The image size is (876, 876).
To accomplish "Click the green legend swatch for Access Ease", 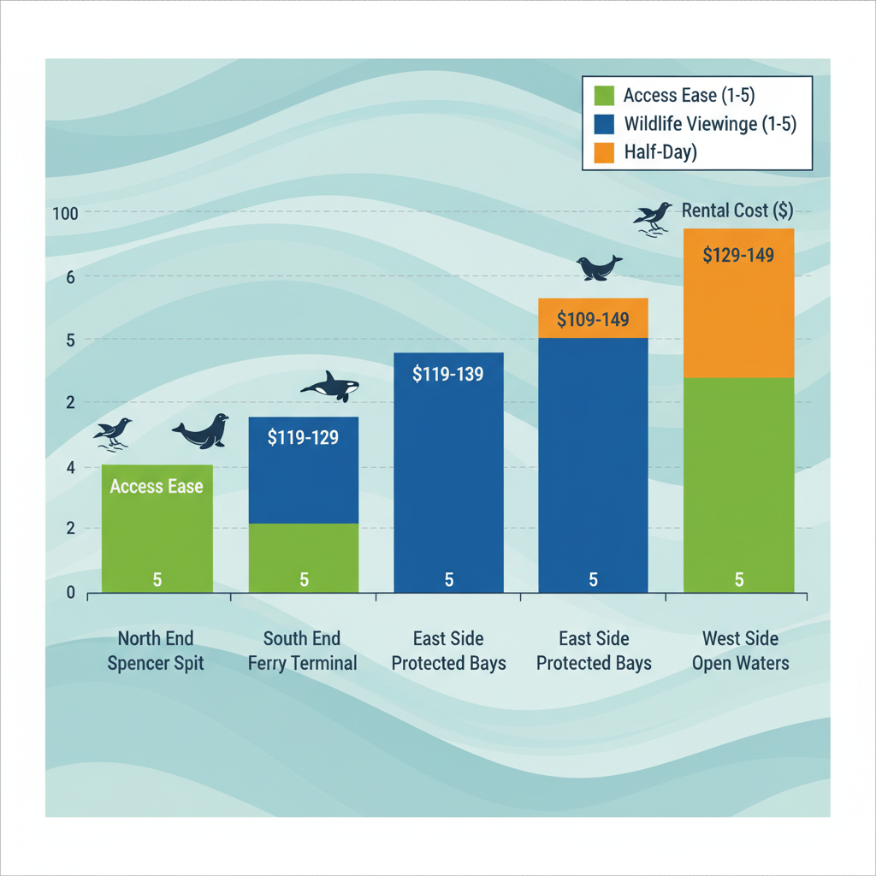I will [604, 95].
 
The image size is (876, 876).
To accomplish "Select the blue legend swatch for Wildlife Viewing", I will [604, 124].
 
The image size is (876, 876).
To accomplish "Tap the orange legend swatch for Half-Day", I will [604, 152].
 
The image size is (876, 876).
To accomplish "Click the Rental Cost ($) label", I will [737, 211].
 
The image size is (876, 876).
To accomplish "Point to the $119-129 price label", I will [303, 438].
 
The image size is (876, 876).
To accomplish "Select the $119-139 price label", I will [448, 374].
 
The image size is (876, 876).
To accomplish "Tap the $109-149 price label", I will [593, 320].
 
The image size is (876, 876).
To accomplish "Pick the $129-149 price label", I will [738, 254].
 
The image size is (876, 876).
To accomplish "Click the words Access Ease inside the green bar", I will [157, 487].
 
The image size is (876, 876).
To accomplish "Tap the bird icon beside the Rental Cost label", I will [653, 216].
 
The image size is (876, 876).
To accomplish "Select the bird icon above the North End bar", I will [114, 431].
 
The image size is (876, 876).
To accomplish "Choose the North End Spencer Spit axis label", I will [156, 650].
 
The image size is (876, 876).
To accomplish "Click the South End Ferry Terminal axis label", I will [302, 650].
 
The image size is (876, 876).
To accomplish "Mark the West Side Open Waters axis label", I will [740, 650].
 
